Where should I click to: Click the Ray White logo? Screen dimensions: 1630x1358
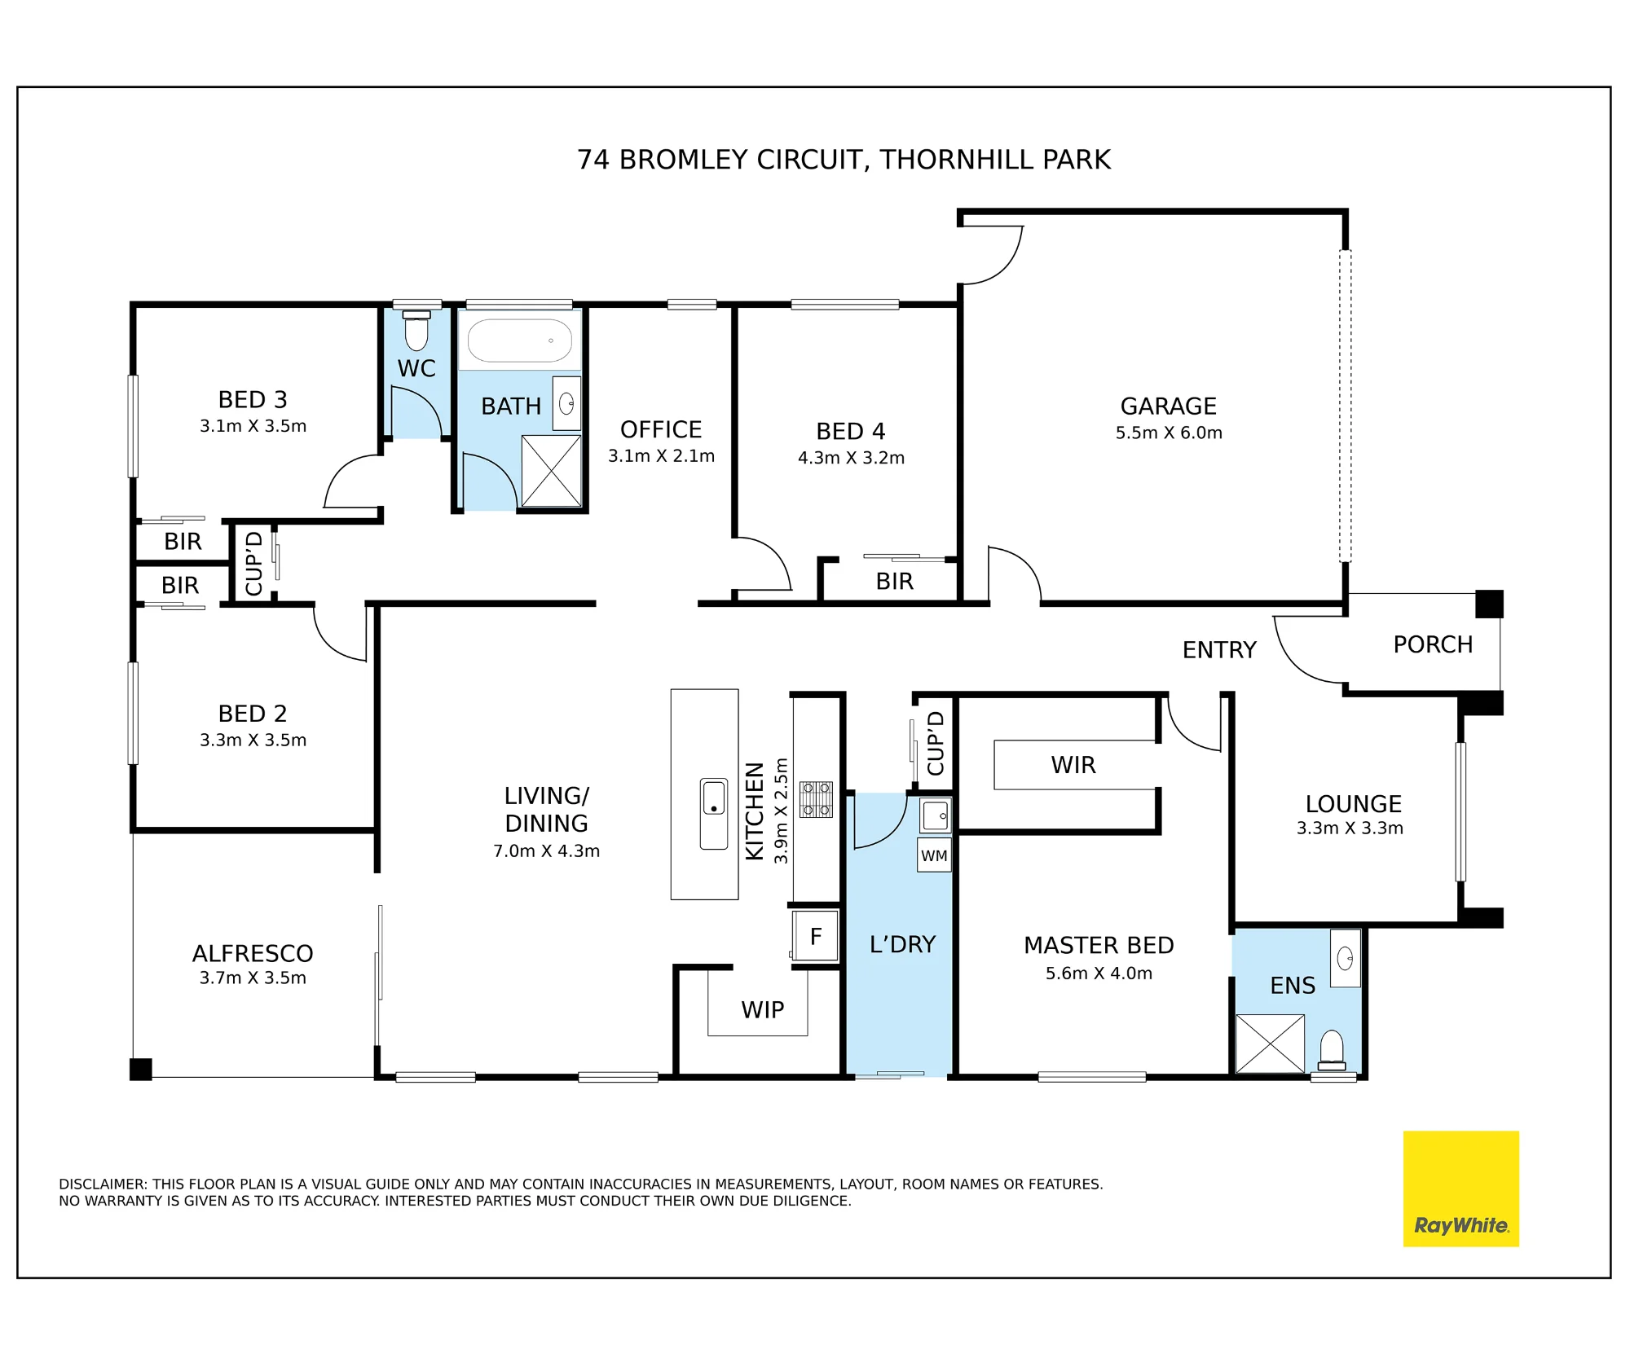[x=1460, y=1189]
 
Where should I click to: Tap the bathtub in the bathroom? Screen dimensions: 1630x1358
[x=520, y=340]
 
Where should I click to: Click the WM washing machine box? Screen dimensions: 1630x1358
[x=934, y=855]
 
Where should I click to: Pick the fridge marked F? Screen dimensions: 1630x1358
[x=816, y=936]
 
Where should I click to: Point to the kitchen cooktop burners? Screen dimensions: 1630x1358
[x=816, y=799]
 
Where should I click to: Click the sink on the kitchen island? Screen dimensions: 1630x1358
[x=714, y=814]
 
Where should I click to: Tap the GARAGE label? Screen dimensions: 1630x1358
[x=1169, y=406]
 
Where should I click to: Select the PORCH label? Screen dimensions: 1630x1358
[x=1433, y=644]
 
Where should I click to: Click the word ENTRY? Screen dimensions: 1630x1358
[x=1219, y=649]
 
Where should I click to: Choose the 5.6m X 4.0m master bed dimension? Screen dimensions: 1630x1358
[x=1099, y=973]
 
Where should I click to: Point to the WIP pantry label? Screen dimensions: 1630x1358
[x=762, y=1009]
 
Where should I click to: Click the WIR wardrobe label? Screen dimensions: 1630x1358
[x=1073, y=765]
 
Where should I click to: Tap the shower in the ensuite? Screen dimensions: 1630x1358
[x=1270, y=1044]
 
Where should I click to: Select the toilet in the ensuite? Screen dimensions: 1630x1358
[x=1332, y=1050]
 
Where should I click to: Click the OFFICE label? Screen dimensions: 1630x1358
[x=661, y=429]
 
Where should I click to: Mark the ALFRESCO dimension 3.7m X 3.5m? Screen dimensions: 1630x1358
[x=253, y=978]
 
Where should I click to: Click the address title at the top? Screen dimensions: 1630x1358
[x=844, y=160]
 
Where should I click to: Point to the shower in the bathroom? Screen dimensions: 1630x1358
[x=552, y=471]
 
